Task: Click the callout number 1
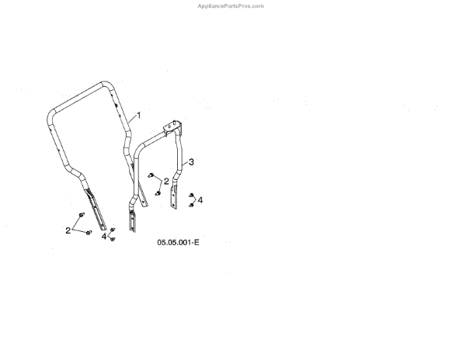point(139,115)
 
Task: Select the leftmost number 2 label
point(68,230)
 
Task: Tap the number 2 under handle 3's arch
point(165,181)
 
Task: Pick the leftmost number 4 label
point(103,236)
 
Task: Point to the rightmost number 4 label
point(200,200)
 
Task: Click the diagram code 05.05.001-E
point(178,243)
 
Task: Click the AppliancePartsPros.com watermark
point(231,5)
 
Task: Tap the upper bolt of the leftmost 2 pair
point(82,213)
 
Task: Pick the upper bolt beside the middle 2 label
point(151,175)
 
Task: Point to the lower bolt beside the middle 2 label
point(158,192)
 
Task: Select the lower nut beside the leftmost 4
point(113,239)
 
